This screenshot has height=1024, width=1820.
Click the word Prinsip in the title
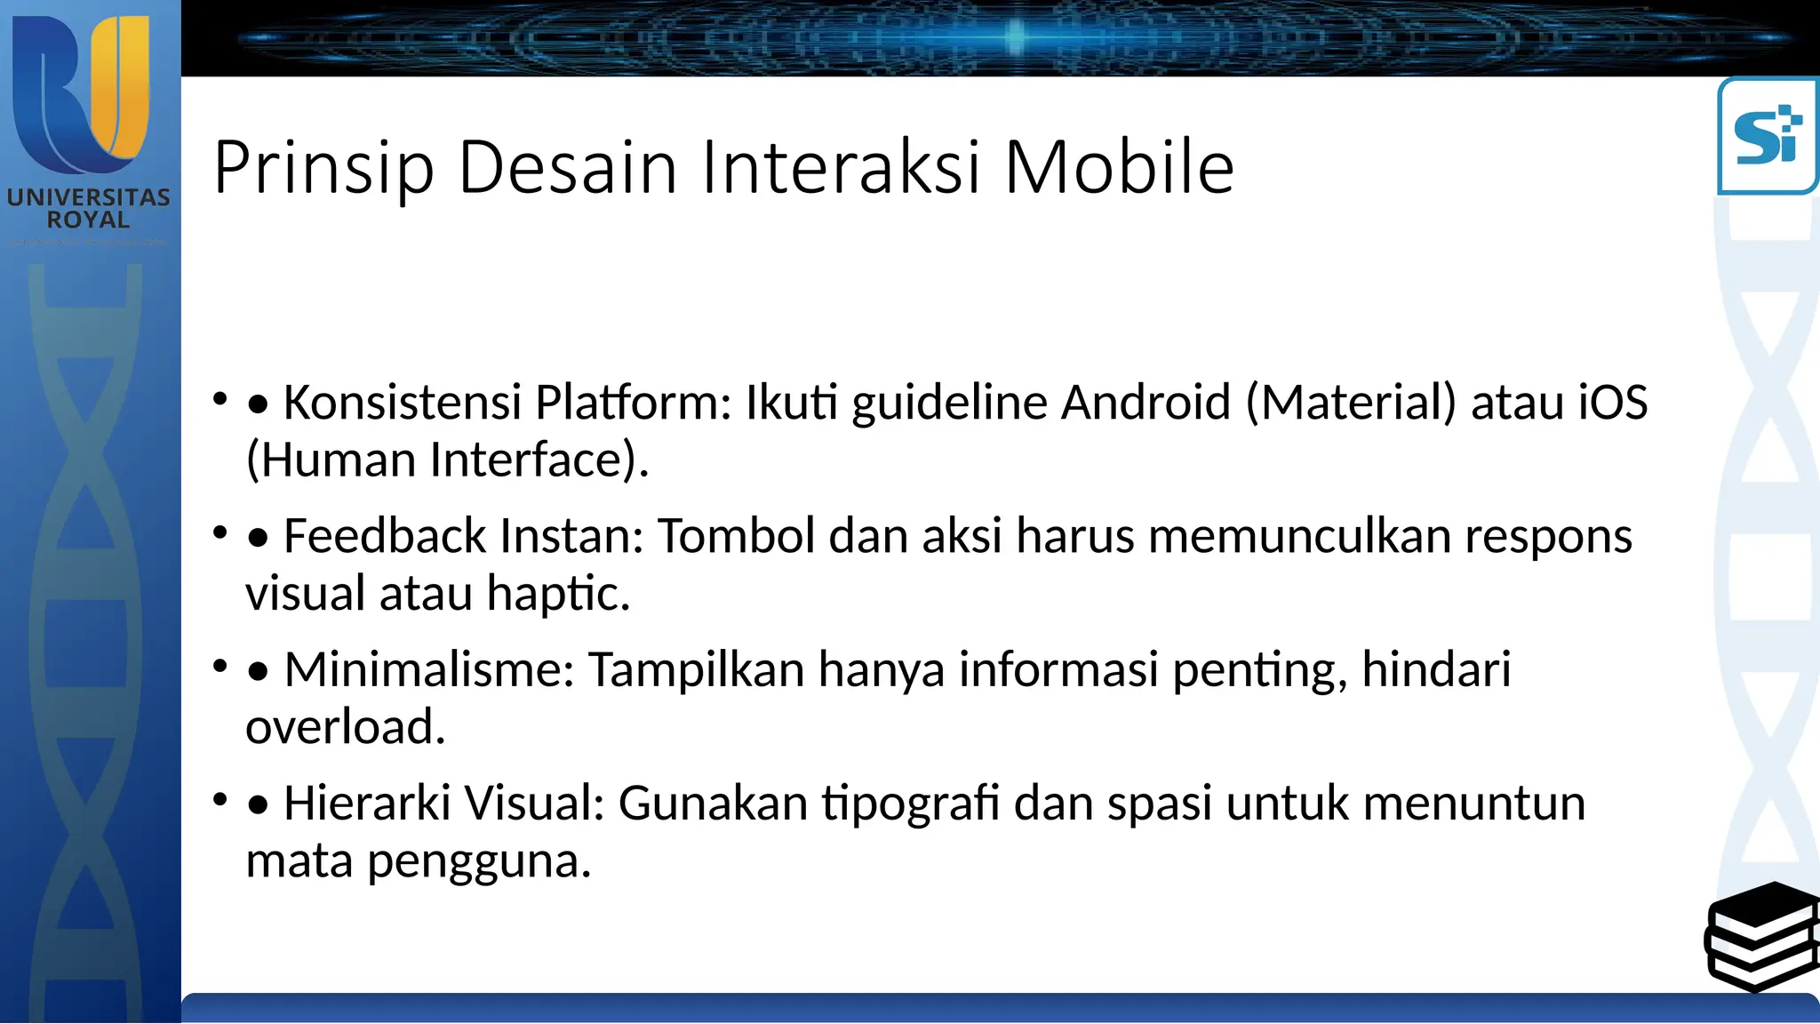[x=323, y=167]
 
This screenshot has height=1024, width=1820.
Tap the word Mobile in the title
[x=1119, y=167]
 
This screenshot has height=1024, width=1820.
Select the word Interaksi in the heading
[x=841, y=167]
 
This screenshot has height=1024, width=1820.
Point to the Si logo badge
[x=1768, y=136]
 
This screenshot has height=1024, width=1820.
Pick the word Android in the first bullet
[x=1146, y=402]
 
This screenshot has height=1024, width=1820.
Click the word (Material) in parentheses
[x=1351, y=402]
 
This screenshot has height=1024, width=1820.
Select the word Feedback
[x=385, y=536]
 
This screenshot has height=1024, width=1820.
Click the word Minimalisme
[x=429, y=669]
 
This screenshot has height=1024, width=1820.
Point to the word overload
[x=345, y=727]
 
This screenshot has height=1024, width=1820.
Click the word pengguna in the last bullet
[x=479, y=860]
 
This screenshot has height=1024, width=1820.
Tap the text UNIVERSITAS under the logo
[x=89, y=197]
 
